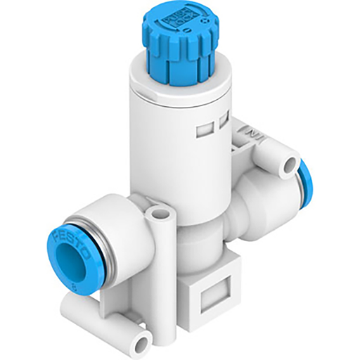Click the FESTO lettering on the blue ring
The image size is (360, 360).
[65, 233]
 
